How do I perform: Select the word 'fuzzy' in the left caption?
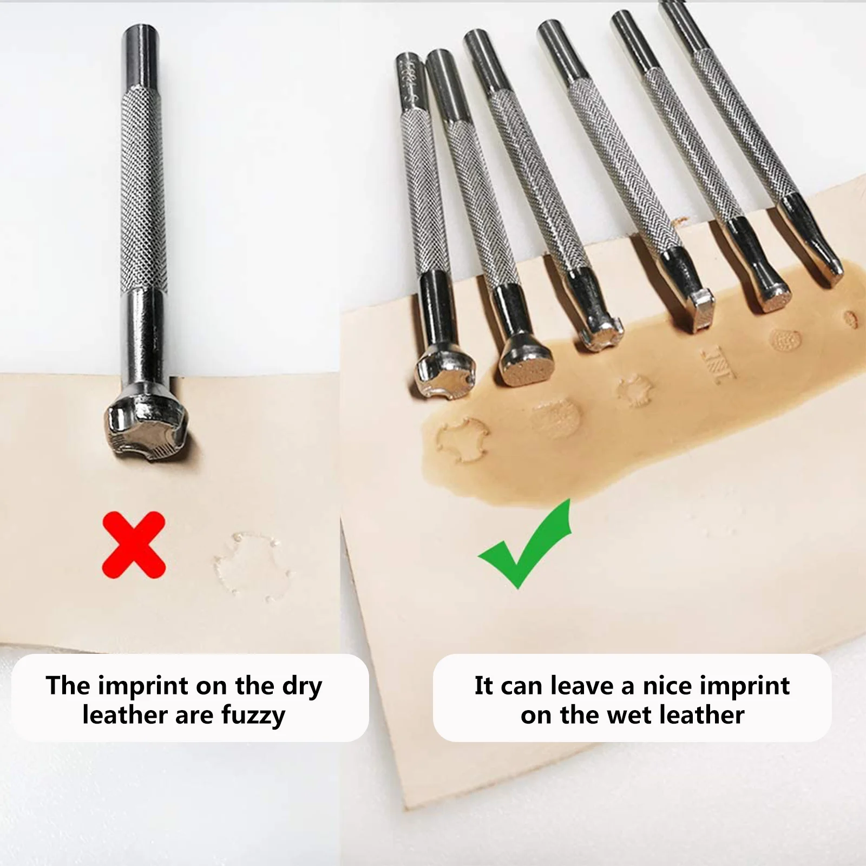click(253, 716)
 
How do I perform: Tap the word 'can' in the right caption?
click(522, 686)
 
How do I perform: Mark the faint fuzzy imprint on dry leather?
click(252, 566)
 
